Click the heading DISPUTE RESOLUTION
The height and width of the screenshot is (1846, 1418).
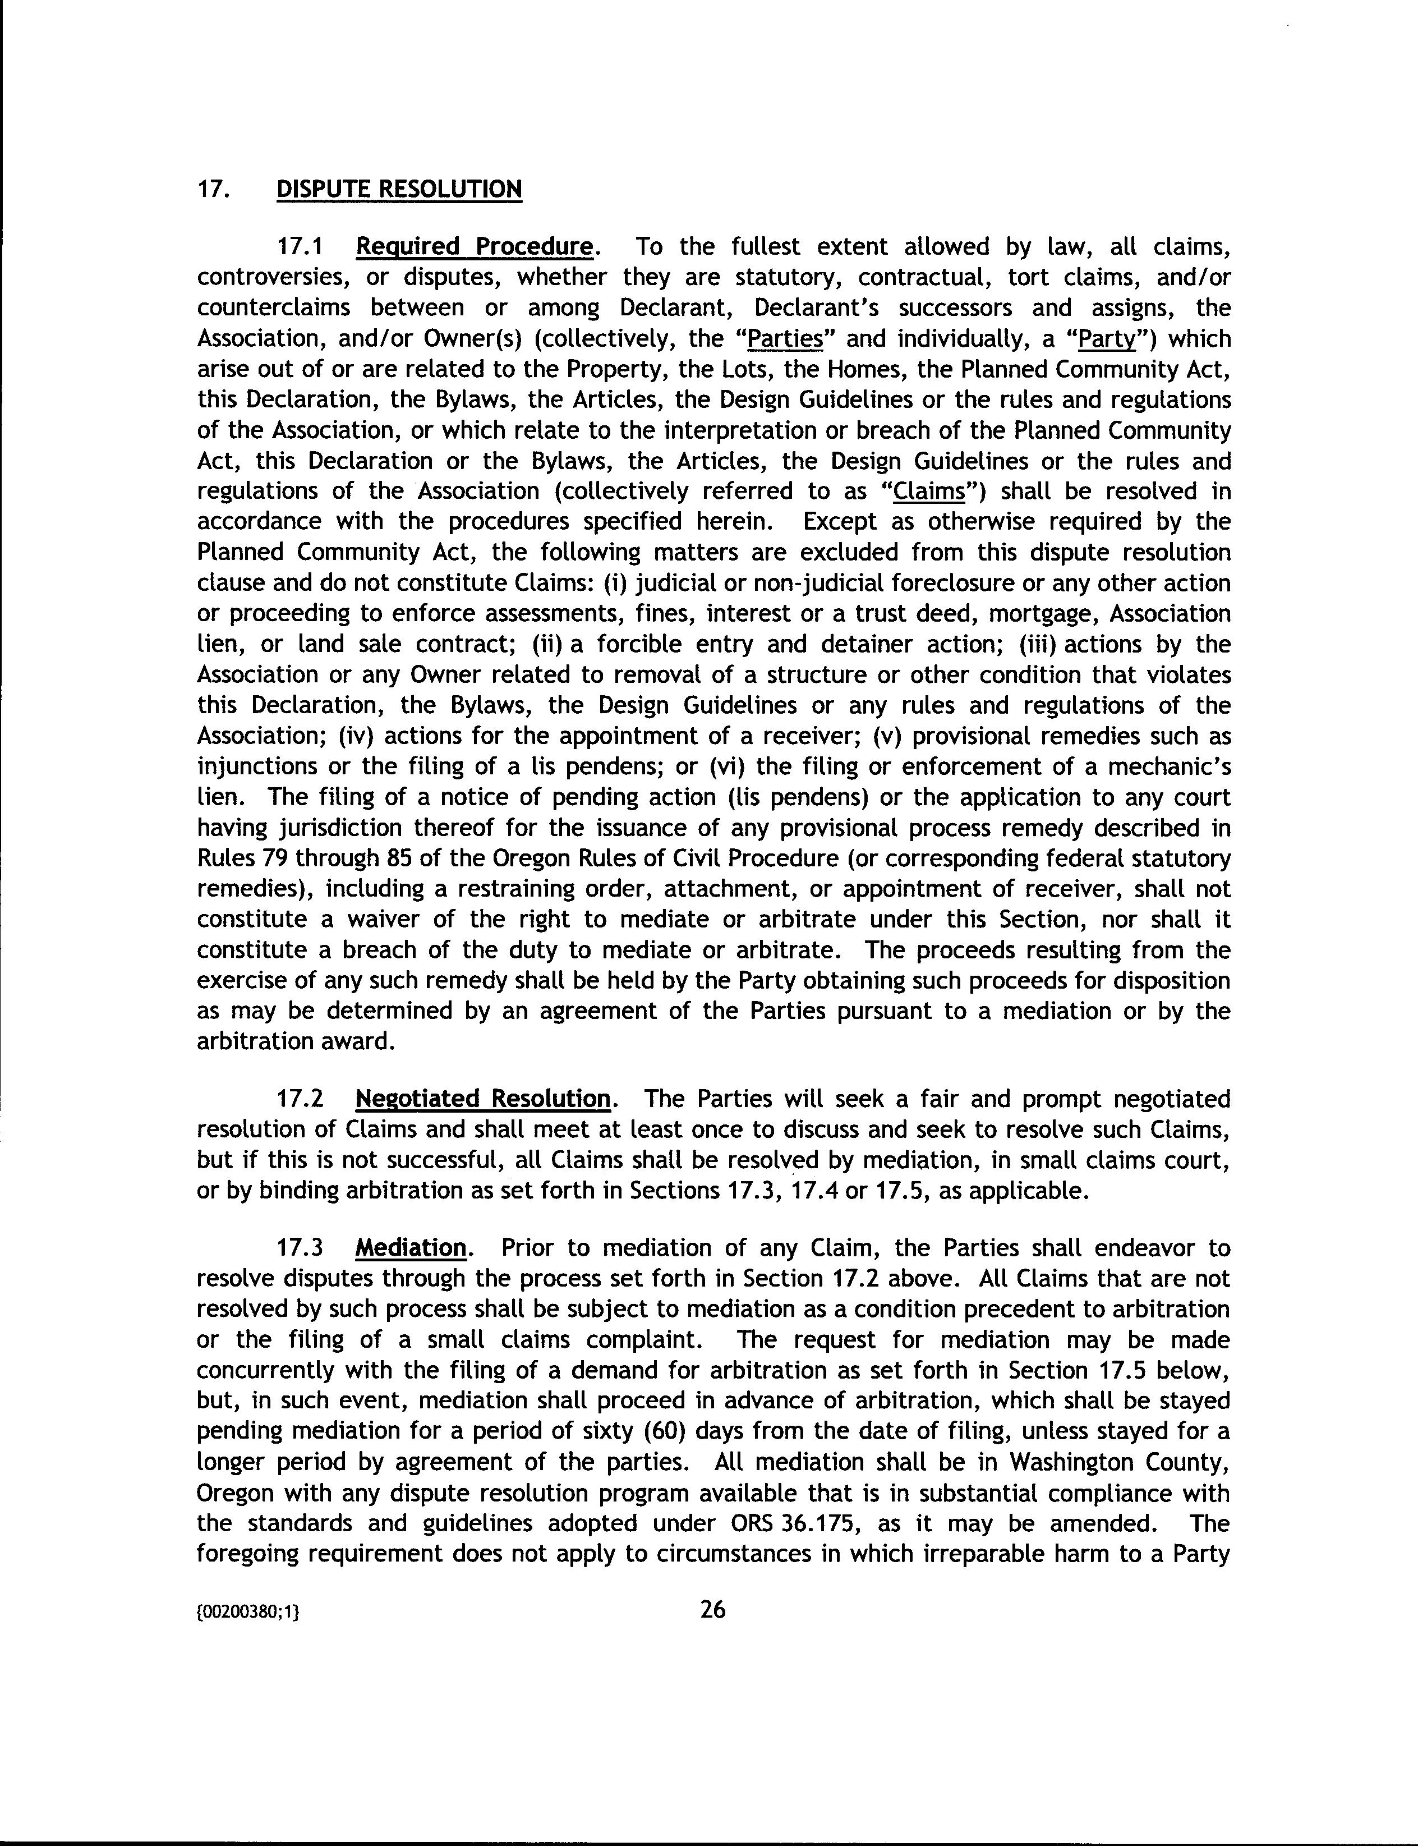click(x=399, y=188)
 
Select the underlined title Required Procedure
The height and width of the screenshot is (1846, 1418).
click(x=473, y=247)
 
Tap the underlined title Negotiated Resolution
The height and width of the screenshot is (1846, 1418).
click(x=483, y=1099)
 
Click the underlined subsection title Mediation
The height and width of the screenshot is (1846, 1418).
click(x=411, y=1247)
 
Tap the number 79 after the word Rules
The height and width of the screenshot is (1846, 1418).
click(x=265, y=858)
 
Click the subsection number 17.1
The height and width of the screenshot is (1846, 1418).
click(x=301, y=247)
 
